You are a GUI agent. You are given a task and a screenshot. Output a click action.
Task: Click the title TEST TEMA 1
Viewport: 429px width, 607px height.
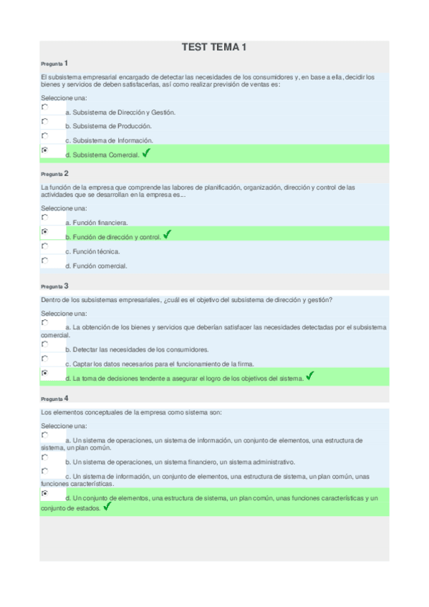pyautogui.click(x=214, y=47)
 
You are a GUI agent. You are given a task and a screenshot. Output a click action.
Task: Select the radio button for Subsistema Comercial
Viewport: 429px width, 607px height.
pyautogui.click(x=45, y=150)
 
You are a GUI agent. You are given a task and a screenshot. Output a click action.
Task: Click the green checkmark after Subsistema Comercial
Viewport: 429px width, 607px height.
pyautogui.click(x=146, y=153)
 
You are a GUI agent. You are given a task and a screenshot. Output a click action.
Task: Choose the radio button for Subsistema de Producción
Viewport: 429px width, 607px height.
pyautogui.click(x=45, y=121)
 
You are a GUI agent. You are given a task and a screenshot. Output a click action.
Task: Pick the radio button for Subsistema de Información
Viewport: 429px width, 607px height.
pyautogui.click(x=45, y=135)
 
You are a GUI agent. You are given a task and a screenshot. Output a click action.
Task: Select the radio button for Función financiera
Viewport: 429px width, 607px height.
pyautogui.click(x=45, y=217)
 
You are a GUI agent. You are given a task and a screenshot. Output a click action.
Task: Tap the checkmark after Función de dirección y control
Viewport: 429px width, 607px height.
pyautogui.click(x=167, y=234)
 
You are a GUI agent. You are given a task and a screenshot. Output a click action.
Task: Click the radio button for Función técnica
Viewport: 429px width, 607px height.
pyautogui.click(x=45, y=246)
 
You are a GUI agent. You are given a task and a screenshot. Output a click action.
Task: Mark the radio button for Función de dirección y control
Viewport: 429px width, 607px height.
pyautogui.click(x=45, y=231)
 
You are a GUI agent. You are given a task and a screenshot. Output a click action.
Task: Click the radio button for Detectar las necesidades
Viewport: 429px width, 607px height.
pyautogui.click(x=45, y=344)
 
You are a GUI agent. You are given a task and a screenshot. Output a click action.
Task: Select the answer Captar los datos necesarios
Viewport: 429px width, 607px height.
pyautogui.click(x=151, y=364)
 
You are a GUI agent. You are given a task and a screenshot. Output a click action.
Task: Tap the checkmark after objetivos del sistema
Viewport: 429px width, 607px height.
pyautogui.click(x=309, y=376)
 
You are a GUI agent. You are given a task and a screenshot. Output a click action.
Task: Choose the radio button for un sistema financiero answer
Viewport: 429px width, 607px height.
pyautogui.click(x=45, y=457)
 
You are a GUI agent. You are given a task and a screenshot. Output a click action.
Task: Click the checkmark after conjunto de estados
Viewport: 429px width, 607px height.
pyautogui.click(x=107, y=506)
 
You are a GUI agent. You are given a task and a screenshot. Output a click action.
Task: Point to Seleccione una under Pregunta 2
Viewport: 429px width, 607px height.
pyautogui.click(x=64, y=208)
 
